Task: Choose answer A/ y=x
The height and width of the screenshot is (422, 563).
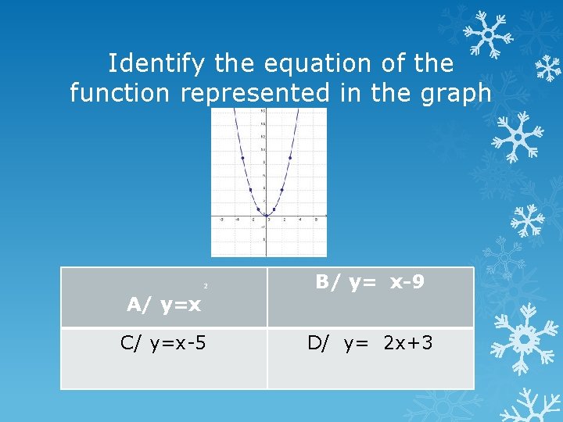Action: pos(164,304)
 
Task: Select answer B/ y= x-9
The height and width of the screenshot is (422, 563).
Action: pos(370,282)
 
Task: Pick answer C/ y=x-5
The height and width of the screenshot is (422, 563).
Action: pos(163,342)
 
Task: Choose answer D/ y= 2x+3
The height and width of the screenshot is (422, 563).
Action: pos(370,342)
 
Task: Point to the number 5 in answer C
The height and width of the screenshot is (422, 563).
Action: pos(201,342)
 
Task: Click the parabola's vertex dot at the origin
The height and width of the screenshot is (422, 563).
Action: pos(266,215)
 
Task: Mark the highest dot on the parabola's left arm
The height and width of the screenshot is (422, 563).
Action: pos(242,158)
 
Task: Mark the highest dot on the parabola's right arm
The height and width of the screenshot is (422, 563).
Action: pos(290,158)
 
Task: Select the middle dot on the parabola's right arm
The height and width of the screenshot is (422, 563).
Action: pos(282,189)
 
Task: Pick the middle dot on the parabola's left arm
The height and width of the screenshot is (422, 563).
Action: pos(250,189)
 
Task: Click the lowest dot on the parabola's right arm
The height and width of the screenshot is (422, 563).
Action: pos(274,208)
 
